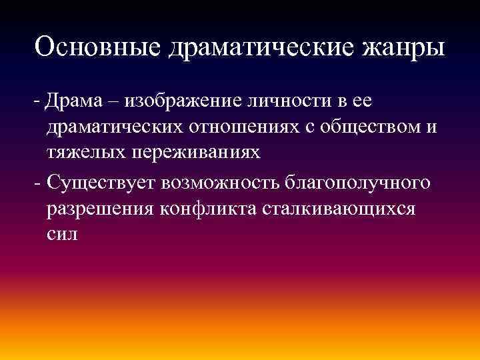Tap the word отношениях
click(x=250, y=127)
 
